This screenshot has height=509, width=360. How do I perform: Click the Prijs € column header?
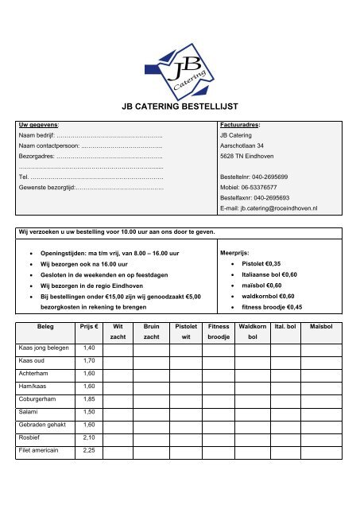(x=89, y=326)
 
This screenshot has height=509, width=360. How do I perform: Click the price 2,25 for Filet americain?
(x=89, y=451)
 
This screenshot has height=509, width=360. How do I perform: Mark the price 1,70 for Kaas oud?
(x=89, y=360)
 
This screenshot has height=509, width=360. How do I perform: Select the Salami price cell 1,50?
(x=89, y=412)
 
